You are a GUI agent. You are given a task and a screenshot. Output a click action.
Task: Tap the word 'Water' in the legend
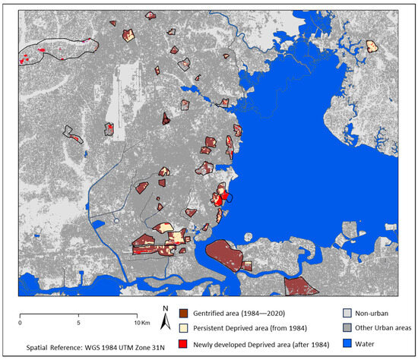[x=360, y=343]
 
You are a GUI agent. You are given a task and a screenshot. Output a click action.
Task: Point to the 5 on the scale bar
[x=78, y=323]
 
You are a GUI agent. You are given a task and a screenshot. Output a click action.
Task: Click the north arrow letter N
[x=165, y=308]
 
